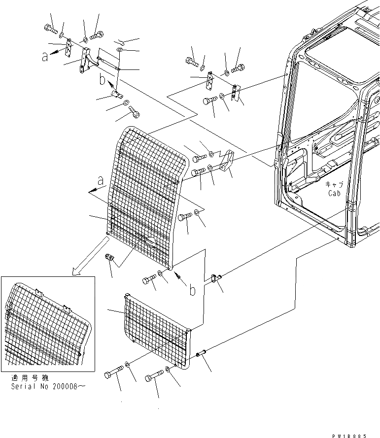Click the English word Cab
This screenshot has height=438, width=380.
click(x=335, y=193)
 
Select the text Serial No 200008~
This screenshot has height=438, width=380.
click(x=48, y=387)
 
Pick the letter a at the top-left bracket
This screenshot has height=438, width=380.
click(x=45, y=57)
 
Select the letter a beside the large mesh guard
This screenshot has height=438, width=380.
click(x=102, y=182)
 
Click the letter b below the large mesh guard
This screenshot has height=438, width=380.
click(x=192, y=290)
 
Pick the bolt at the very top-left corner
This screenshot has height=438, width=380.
click(x=50, y=28)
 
